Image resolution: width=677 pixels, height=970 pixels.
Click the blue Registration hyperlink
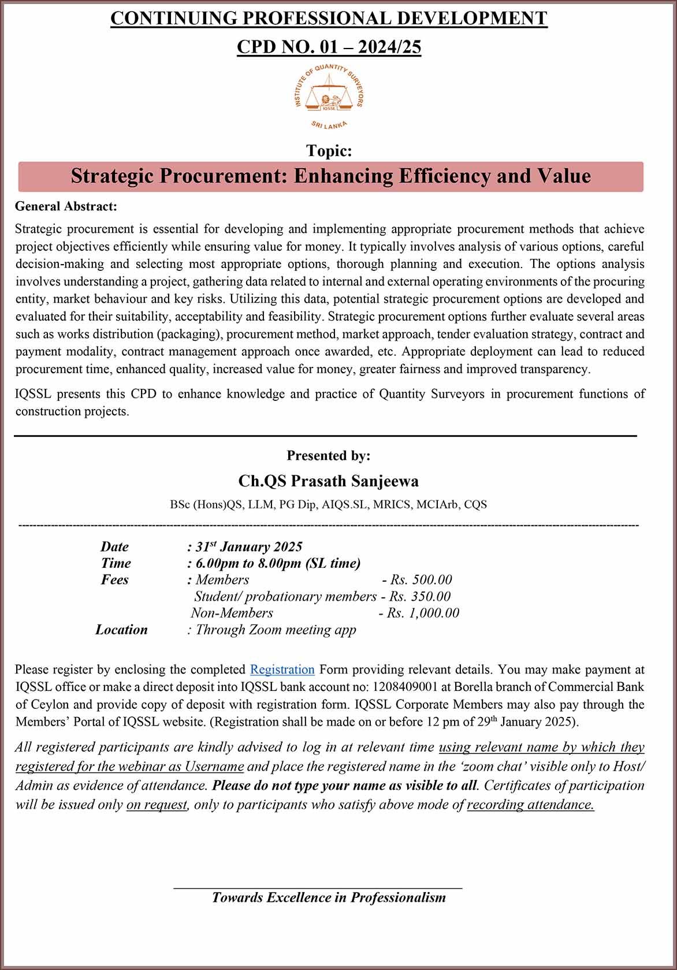282,670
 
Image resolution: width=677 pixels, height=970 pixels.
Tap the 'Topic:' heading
329,151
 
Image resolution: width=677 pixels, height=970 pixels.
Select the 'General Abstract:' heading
66,206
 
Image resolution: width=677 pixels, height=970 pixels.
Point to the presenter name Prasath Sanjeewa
328,481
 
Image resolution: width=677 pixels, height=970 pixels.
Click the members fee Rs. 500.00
421,580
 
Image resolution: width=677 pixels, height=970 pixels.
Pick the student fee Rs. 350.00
419,597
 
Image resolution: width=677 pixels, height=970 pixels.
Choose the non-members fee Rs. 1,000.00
423,613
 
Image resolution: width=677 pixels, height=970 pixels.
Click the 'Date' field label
114,547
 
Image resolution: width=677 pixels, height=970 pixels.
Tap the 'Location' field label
121,630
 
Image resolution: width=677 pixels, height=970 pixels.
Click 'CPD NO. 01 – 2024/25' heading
329,47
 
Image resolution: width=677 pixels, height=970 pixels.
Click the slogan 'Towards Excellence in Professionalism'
329,897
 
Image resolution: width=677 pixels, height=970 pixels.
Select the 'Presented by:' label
328,456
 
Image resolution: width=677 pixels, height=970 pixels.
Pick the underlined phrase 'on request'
157,805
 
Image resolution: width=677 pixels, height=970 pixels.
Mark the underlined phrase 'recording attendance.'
530,805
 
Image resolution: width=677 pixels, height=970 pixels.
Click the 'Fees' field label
114,580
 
